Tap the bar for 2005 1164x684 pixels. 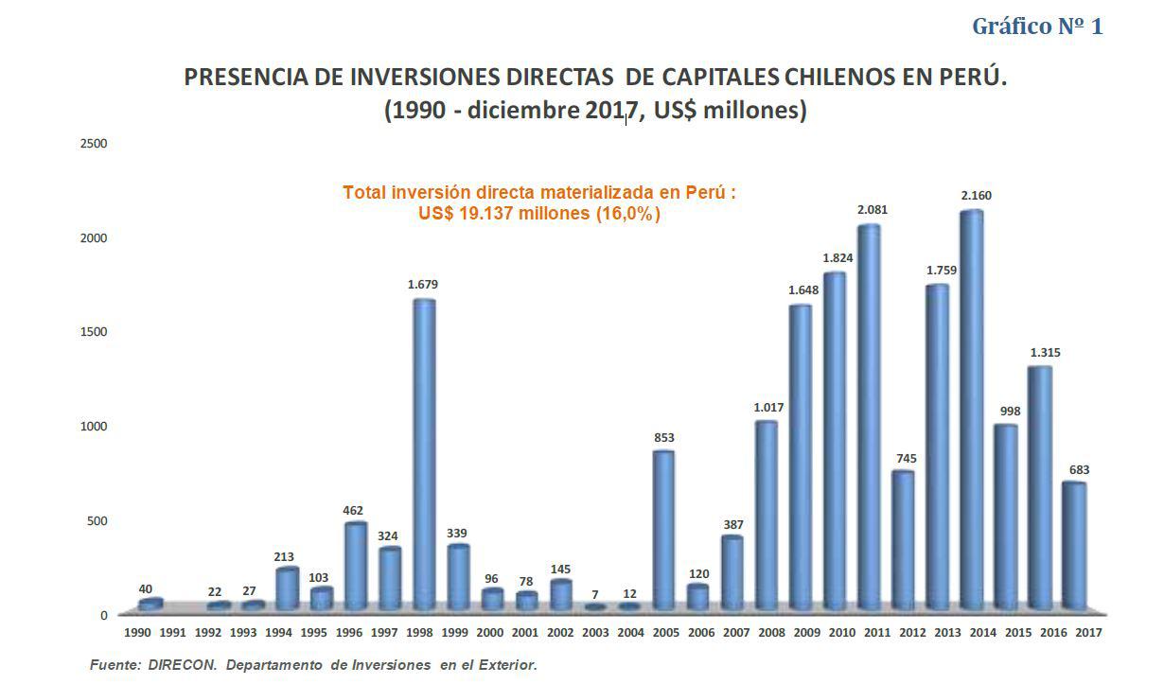[664, 530]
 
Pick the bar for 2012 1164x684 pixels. [903, 539]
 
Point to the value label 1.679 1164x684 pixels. [422, 285]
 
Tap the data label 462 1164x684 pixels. [353, 511]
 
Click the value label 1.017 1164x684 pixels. [767, 408]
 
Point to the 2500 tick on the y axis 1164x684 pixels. [94, 144]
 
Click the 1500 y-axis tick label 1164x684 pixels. [94, 332]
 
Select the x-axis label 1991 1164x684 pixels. [172, 631]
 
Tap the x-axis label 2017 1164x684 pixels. [1088, 631]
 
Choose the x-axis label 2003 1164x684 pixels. [595, 631]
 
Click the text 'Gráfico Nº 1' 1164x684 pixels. [1037, 26]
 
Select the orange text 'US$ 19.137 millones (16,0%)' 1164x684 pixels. [539, 214]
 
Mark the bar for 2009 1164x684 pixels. [801, 457]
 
